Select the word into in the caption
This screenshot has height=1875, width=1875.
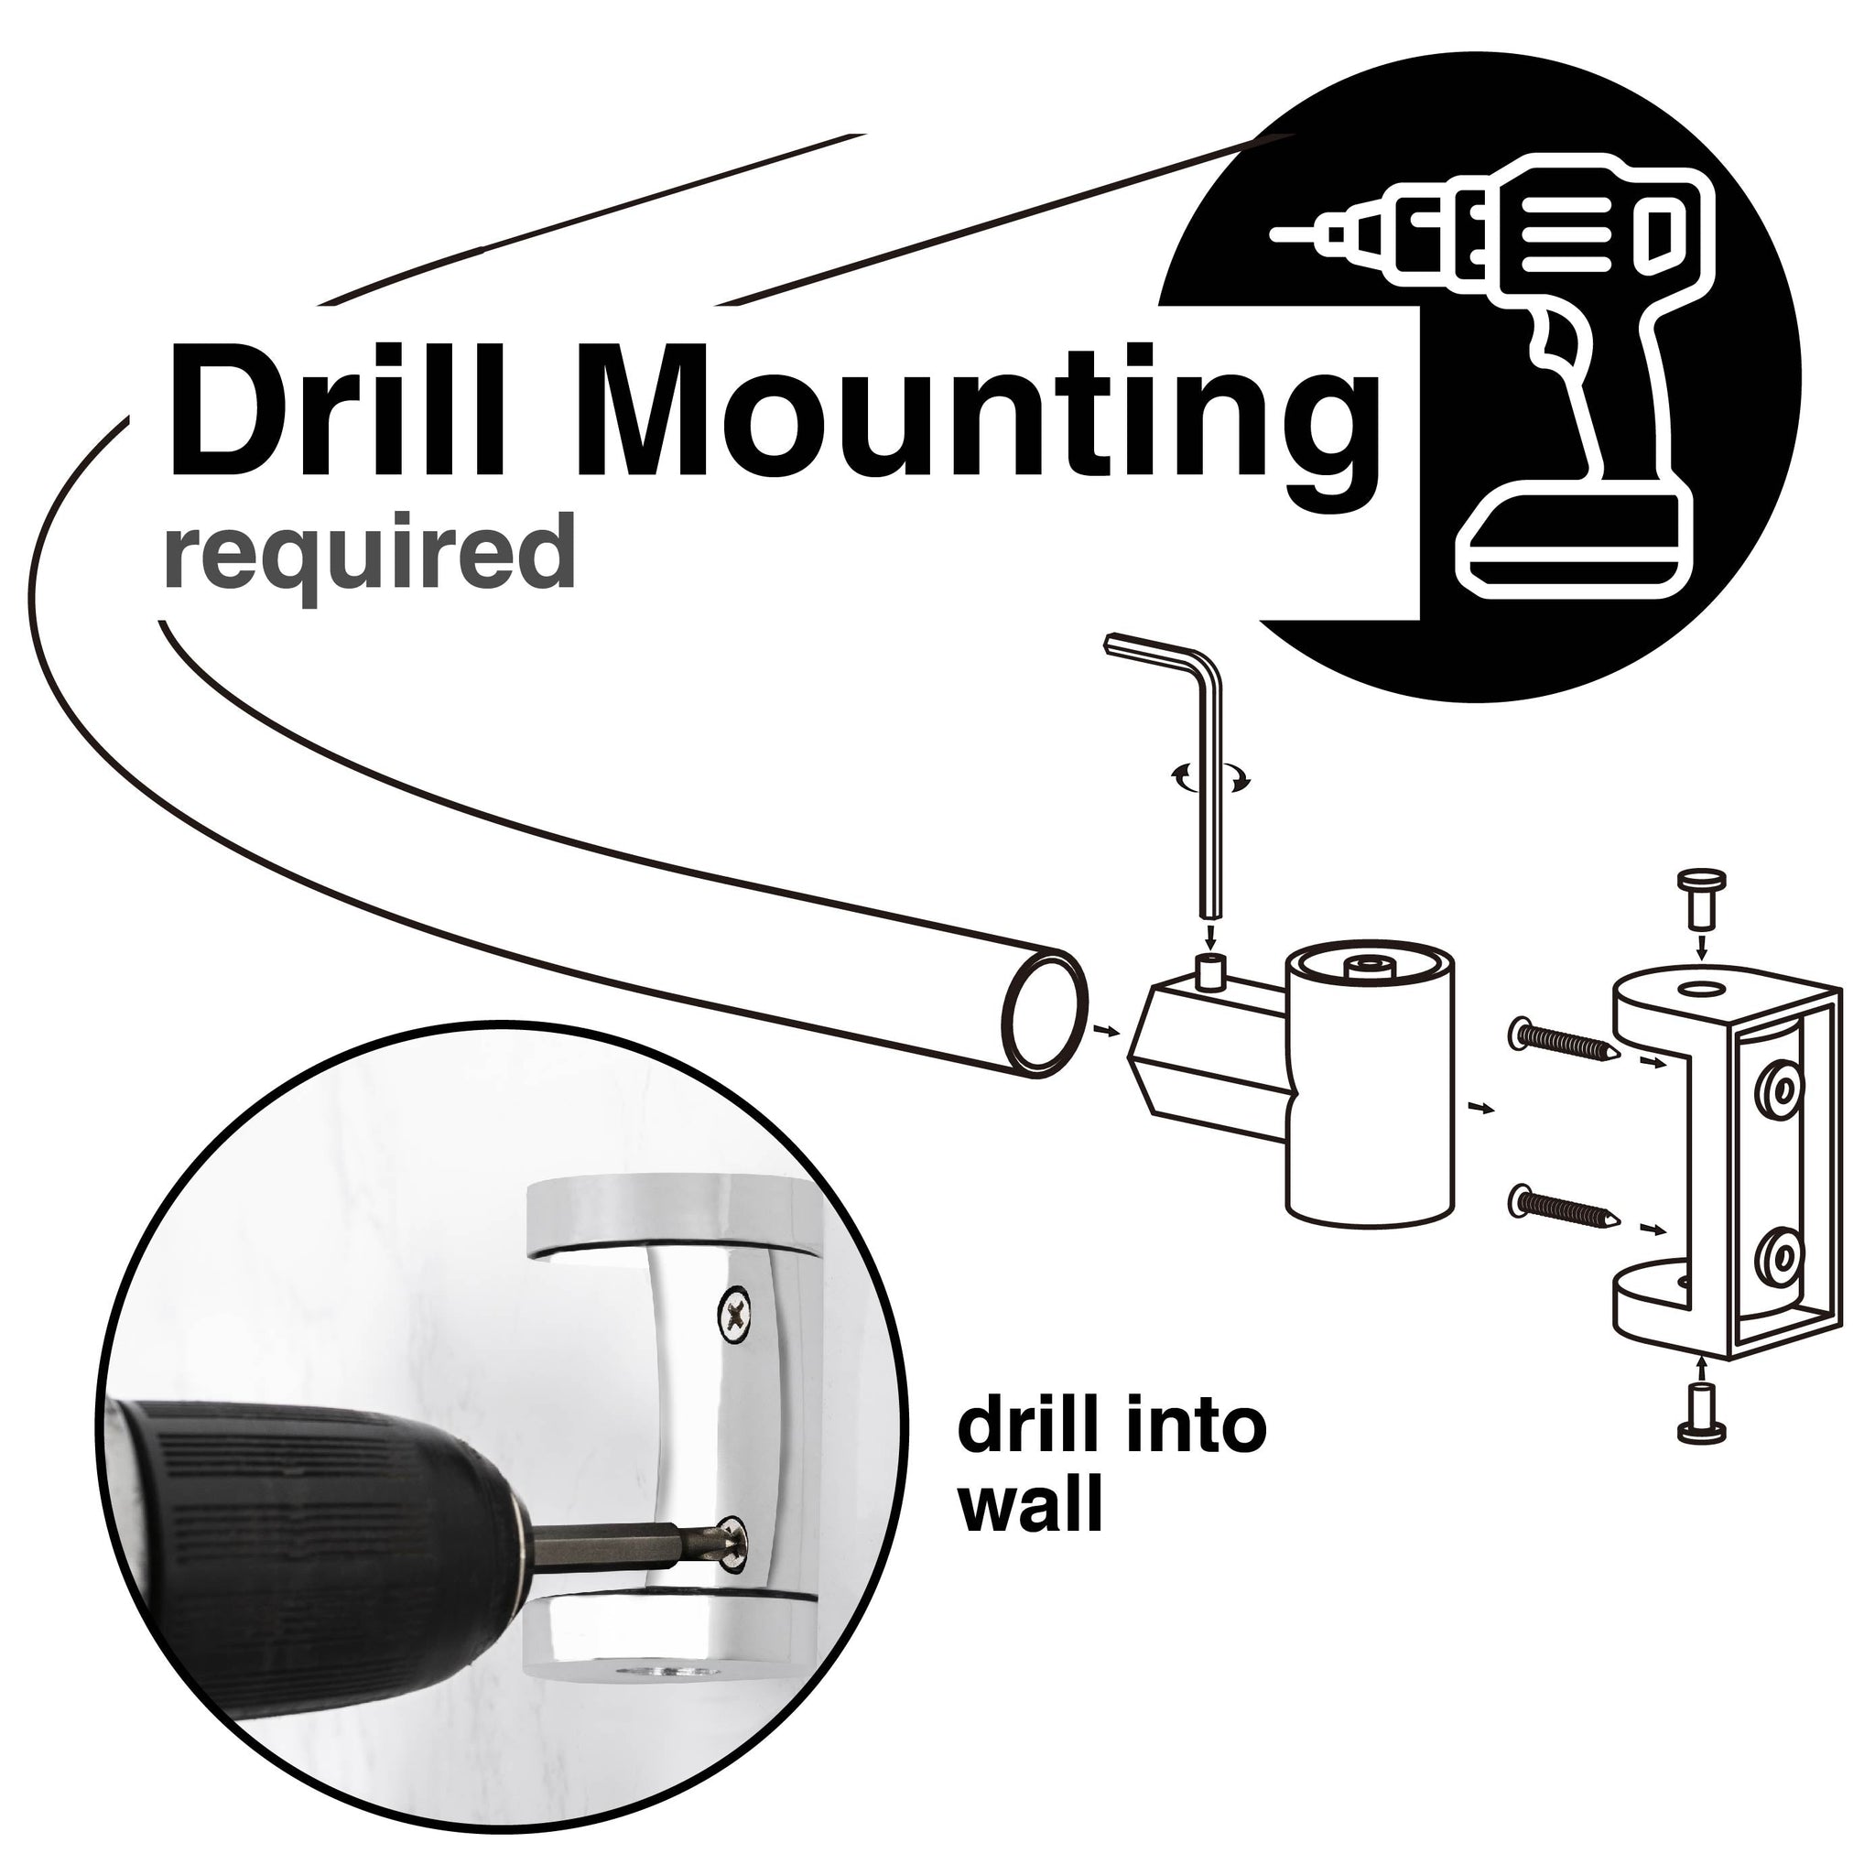[x=1201, y=1426]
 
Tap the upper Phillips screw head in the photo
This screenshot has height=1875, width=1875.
[x=736, y=1313]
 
